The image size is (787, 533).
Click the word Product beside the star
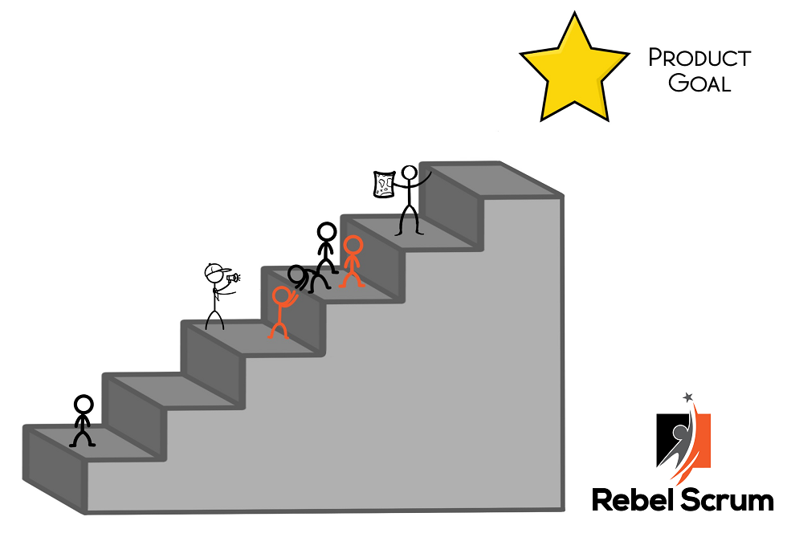pos(699,58)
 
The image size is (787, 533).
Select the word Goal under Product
pos(699,83)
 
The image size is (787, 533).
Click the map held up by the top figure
pos(383,184)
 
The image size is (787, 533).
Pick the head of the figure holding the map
pos(409,173)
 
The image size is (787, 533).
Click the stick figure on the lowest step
pos(83,421)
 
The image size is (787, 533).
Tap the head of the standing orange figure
pos(353,245)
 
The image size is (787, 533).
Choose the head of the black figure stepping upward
pos(326,233)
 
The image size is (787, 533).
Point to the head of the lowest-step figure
pos(84,404)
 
